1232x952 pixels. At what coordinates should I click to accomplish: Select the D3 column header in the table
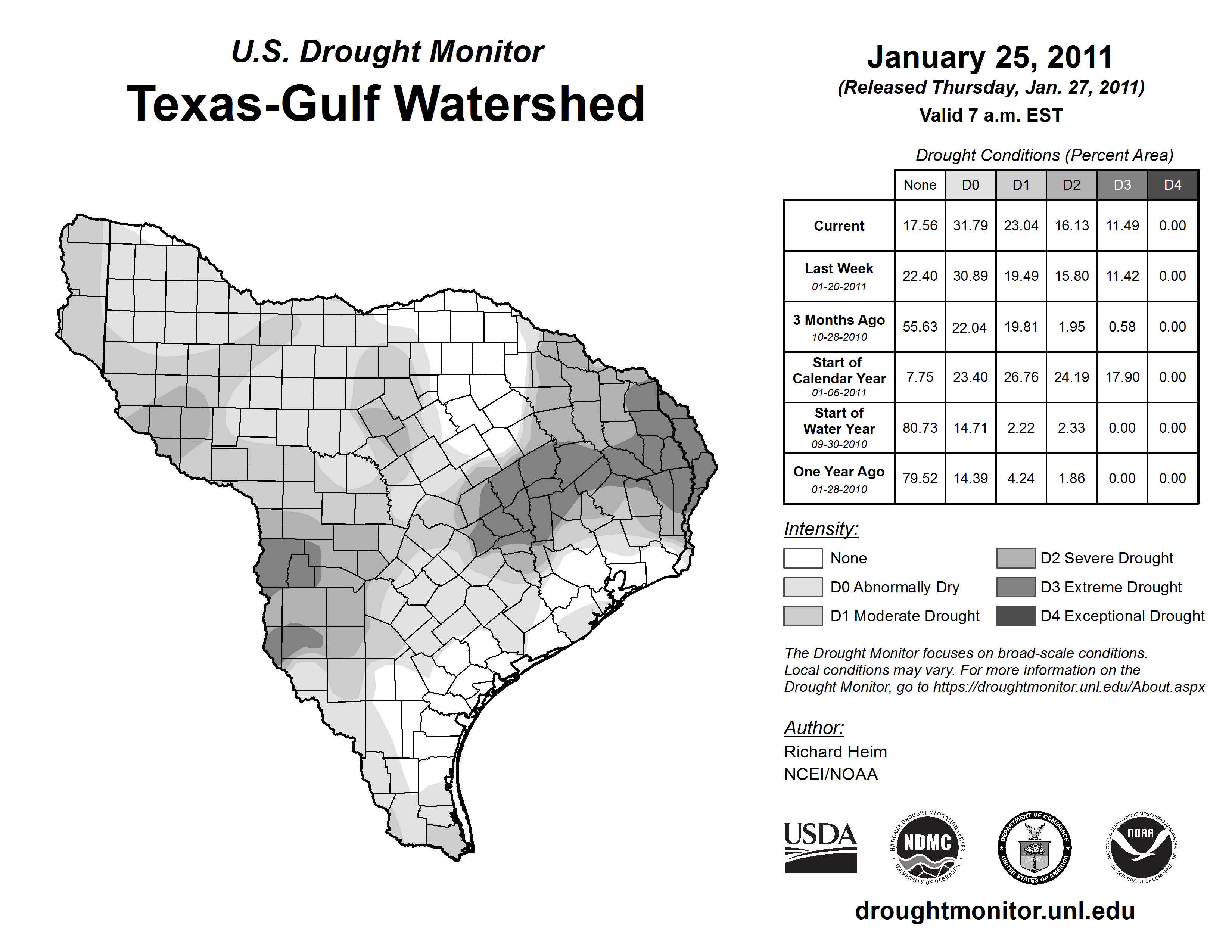click(x=1122, y=185)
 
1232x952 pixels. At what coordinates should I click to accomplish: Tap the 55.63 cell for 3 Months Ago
click(x=920, y=327)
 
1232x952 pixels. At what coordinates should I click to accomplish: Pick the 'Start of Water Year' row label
click(x=839, y=427)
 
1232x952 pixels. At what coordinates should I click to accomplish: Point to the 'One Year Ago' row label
click(x=839, y=478)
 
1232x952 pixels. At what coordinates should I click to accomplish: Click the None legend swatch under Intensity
click(x=803, y=558)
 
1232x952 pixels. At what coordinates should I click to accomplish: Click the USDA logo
click(x=820, y=847)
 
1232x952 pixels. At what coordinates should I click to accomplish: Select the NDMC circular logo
click(x=927, y=847)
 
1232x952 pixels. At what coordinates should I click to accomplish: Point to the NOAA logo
click(x=1141, y=847)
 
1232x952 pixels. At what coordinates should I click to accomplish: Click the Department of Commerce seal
click(x=1034, y=847)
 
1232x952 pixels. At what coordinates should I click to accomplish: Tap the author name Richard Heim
click(x=836, y=752)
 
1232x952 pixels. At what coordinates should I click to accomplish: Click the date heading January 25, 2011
click(x=990, y=57)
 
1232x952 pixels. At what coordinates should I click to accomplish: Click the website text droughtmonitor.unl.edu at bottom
click(x=995, y=911)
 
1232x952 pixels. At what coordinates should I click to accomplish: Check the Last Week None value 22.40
click(x=920, y=276)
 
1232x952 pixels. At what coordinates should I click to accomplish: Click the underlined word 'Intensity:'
click(x=821, y=529)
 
